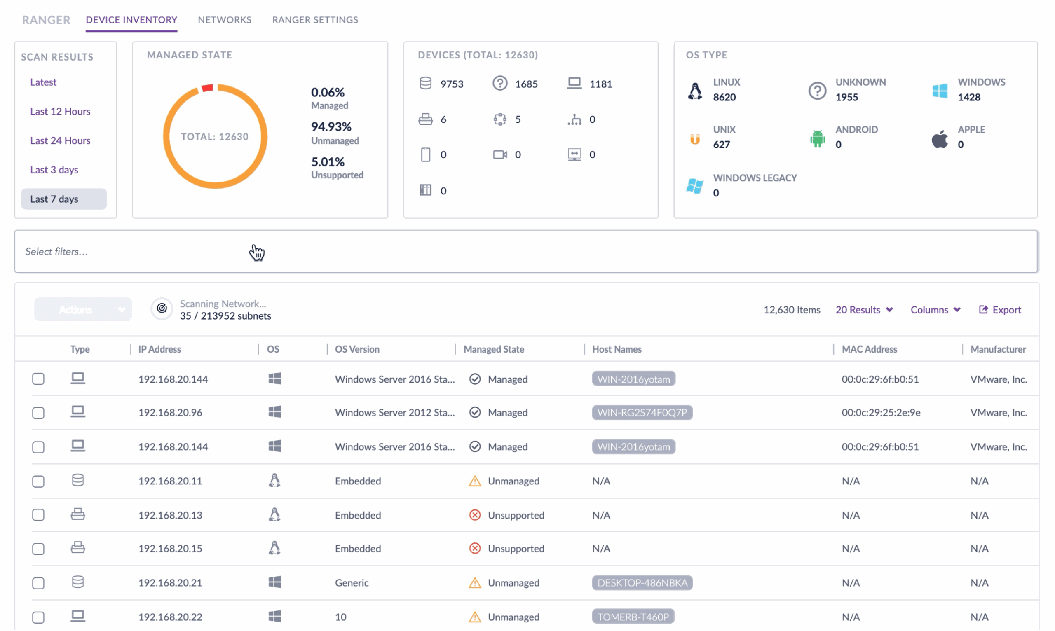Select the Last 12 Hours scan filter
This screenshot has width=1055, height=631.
[x=60, y=111]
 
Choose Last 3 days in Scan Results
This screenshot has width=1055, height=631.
[x=54, y=170]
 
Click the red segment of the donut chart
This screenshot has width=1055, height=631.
[x=207, y=88]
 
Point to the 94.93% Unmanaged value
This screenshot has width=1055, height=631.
[x=331, y=126]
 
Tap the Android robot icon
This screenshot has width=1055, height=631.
[x=817, y=138]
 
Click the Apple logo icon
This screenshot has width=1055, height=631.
[x=940, y=139]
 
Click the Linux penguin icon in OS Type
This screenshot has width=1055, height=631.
[x=695, y=91]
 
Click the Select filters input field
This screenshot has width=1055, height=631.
[x=526, y=251]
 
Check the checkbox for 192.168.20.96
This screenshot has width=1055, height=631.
[x=38, y=413]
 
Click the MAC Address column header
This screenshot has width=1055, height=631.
[x=870, y=349]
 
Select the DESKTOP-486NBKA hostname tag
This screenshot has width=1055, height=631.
[x=642, y=582]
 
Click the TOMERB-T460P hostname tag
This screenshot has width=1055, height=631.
[x=633, y=617]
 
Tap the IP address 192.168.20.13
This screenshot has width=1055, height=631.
[x=170, y=515]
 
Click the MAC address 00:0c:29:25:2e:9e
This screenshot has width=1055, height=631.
[x=881, y=412]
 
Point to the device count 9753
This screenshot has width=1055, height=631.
[x=452, y=84]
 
